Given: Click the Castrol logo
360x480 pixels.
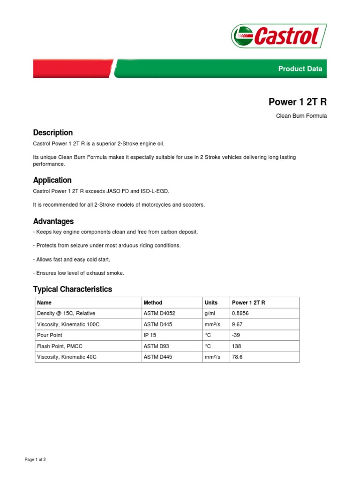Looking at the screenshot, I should pyautogui.click(x=278, y=36).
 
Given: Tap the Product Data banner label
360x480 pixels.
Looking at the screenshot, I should pyautogui.click(x=300, y=69).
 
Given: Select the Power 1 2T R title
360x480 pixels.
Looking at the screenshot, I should pyautogui.click(x=297, y=102).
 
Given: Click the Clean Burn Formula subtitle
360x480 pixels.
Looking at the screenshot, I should pyautogui.click(x=301, y=116).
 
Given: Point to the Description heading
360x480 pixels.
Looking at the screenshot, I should pyautogui.click(x=52, y=133).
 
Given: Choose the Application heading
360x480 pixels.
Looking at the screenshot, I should pyautogui.click(x=52, y=180).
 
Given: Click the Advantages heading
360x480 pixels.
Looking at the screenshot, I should pyautogui.click(x=53, y=221).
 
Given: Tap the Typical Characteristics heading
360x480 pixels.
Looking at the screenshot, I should pyautogui.click(x=72, y=289).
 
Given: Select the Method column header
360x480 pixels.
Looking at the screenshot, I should pyautogui.click(x=153, y=303).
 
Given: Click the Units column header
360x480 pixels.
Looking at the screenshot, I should pyautogui.click(x=211, y=303).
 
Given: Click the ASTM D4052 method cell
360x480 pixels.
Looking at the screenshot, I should pyautogui.click(x=159, y=313).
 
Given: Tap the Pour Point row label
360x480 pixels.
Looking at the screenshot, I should pyautogui.click(x=49, y=335).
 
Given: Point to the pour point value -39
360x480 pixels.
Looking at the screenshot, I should pyautogui.click(x=236, y=335).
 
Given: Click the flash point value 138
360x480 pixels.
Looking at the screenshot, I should pyautogui.click(x=236, y=346).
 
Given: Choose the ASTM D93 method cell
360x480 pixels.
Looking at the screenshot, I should pyautogui.click(x=157, y=346).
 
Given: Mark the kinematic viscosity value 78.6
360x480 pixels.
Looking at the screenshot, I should pyautogui.click(x=237, y=357).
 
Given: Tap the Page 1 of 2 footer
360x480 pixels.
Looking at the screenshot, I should pyautogui.click(x=35, y=460).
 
